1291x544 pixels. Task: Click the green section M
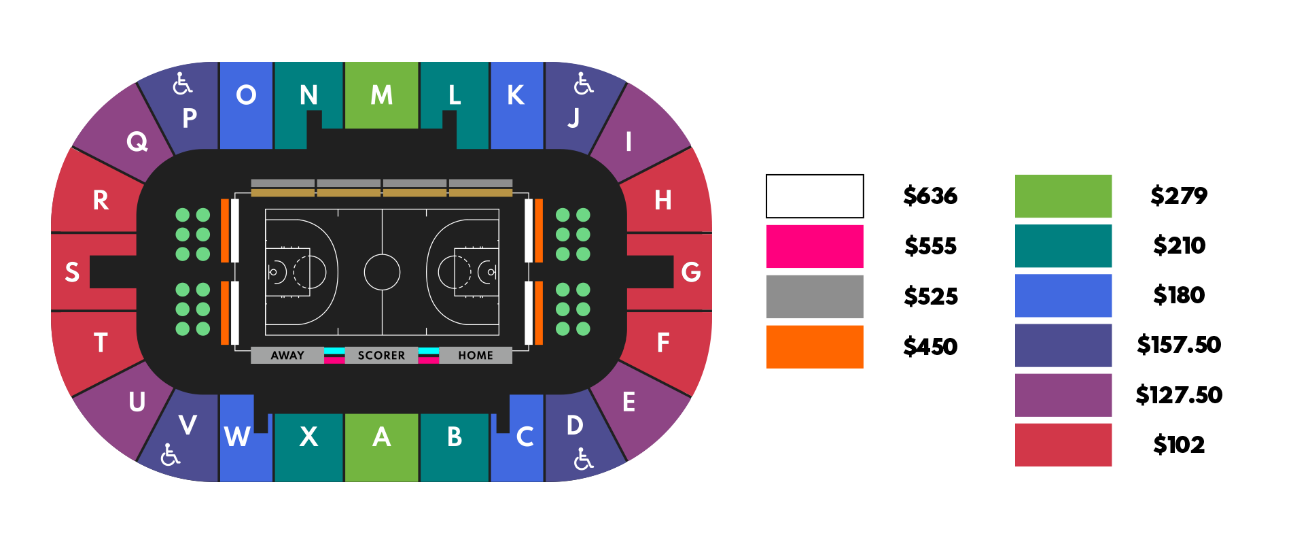[x=381, y=95]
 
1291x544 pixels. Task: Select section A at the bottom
[x=381, y=445]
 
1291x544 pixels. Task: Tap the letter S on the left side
[x=72, y=272]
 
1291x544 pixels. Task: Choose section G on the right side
[x=690, y=272]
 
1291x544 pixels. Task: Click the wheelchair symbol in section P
[x=182, y=84]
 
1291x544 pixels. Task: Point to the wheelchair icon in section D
[x=583, y=459]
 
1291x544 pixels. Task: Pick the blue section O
[x=246, y=102]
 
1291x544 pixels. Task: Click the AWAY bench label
[x=287, y=355]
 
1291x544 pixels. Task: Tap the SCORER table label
[x=381, y=355]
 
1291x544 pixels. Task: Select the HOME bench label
[x=476, y=355]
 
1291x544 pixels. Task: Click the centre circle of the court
[x=382, y=272]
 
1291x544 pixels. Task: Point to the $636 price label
[x=930, y=196]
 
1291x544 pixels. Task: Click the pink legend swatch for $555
[x=815, y=246]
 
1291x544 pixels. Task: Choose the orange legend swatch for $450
[x=815, y=347]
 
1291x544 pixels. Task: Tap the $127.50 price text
[x=1179, y=395]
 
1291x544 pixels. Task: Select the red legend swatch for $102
[x=1063, y=445]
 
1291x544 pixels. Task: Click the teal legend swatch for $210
[x=1063, y=245]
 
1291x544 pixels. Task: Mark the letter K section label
[x=516, y=95]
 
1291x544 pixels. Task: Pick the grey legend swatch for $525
[x=815, y=296]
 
